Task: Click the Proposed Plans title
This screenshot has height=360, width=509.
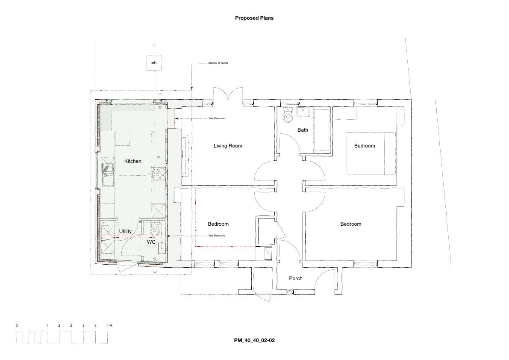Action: pyautogui.click(x=254, y=18)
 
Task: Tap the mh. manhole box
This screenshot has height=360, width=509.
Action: pyautogui.click(x=154, y=63)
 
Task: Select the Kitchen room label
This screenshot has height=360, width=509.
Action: pyautogui.click(x=133, y=161)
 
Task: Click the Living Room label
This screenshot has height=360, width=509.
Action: pyautogui.click(x=228, y=146)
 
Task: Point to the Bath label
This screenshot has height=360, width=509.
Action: pyautogui.click(x=303, y=130)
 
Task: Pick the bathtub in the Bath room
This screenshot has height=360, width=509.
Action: pyautogui.click(x=322, y=130)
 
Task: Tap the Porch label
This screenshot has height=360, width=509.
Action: pyautogui.click(x=296, y=278)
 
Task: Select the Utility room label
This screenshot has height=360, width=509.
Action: pyautogui.click(x=125, y=231)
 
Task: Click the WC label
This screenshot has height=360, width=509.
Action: pyautogui.click(x=151, y=242)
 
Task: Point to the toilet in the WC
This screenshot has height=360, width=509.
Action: pyautogui.click(x=155, y=228)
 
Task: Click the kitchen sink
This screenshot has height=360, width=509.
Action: pyautogui.click(x=107, y=172)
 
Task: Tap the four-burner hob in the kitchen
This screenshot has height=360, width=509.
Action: pyautogui.click(x=159, y=174)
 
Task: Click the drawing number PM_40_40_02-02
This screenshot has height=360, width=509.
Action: pyautogui.click(x=255, y=340)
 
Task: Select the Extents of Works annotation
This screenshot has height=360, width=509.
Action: pyautogui.click(x=218, y=63)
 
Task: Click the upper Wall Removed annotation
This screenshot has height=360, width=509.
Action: pyautogui.click(x=217, y=118)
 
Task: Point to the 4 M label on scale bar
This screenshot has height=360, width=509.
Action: pyautogui.click(x=109, y=325)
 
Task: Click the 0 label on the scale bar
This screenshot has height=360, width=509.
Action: pyautogui.click(x=17, y=325)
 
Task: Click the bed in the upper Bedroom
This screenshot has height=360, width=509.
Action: pyautogui.click(x=371, y=153)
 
